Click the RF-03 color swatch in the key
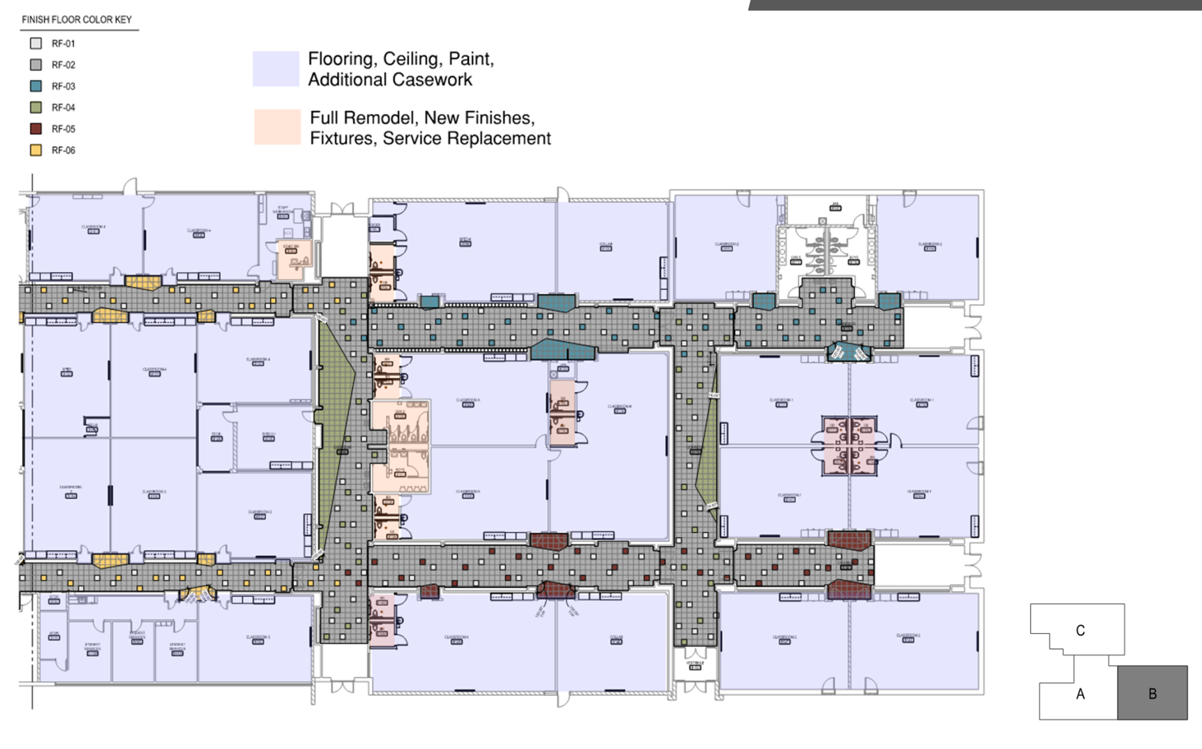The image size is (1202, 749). click(36, 86)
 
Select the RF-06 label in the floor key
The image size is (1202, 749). click(63, 151)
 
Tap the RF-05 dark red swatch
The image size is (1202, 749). click(36, 129)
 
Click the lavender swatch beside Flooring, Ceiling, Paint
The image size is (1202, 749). click(275, 69)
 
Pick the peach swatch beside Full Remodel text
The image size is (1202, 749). click(277, 127)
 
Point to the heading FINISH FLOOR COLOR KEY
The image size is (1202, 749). click(76, 19)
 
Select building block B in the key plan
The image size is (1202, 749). click(1152, 693)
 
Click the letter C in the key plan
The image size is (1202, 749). click(1080, 630)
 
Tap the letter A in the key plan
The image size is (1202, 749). click(1080, 694)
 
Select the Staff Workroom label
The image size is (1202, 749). click(283, 210)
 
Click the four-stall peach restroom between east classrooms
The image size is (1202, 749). click(849, 446)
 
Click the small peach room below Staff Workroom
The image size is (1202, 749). click(293, 260)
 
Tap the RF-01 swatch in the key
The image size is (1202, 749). click(36, 44)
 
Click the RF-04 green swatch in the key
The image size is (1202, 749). click(36, 107)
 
